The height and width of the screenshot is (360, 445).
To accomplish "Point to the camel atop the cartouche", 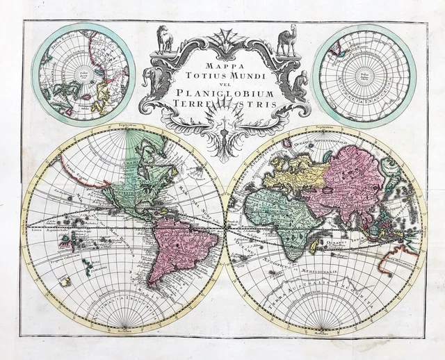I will (x=286, y=41).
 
